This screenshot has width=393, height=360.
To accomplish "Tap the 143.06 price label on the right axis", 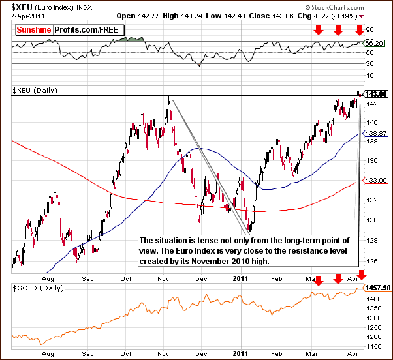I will click(x=376, y=94).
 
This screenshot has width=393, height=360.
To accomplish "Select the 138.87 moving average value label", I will click(x=376, y=132).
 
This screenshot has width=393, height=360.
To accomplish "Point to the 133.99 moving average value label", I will click(x=376, y=181).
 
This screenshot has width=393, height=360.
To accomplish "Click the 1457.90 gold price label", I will click(x=378, y=287).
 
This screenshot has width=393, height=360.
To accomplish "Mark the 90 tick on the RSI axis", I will click(x=369, y=30).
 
